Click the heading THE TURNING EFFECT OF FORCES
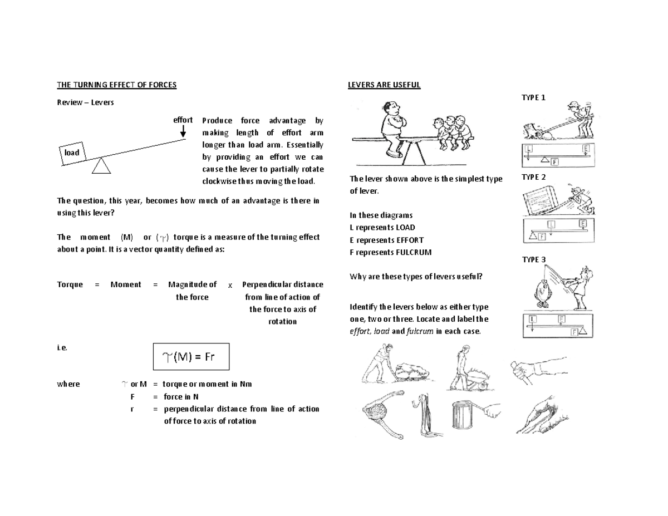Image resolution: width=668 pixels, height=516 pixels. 117,85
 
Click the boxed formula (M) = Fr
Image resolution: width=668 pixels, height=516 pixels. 191,357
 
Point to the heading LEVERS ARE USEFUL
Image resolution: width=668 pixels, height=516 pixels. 384,85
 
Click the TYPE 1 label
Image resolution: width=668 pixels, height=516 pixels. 533,97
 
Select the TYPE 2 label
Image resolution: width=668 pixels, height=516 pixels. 533,178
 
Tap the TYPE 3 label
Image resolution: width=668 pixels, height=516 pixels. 533,259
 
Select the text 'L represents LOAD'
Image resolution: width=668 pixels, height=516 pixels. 382,227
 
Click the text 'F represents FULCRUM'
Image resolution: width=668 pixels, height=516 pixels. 390,252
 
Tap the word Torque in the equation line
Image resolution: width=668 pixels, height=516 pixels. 70,284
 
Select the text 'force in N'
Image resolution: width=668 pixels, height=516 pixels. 181,396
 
